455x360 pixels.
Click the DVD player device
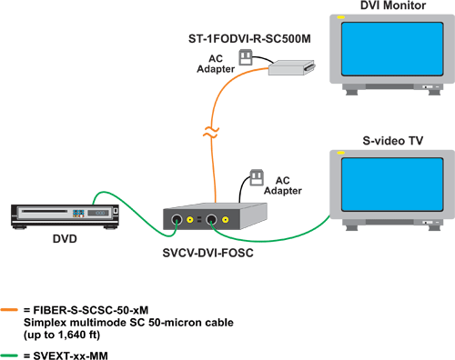[x=64, y=215]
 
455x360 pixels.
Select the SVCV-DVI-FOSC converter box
[x=215, y=216]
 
